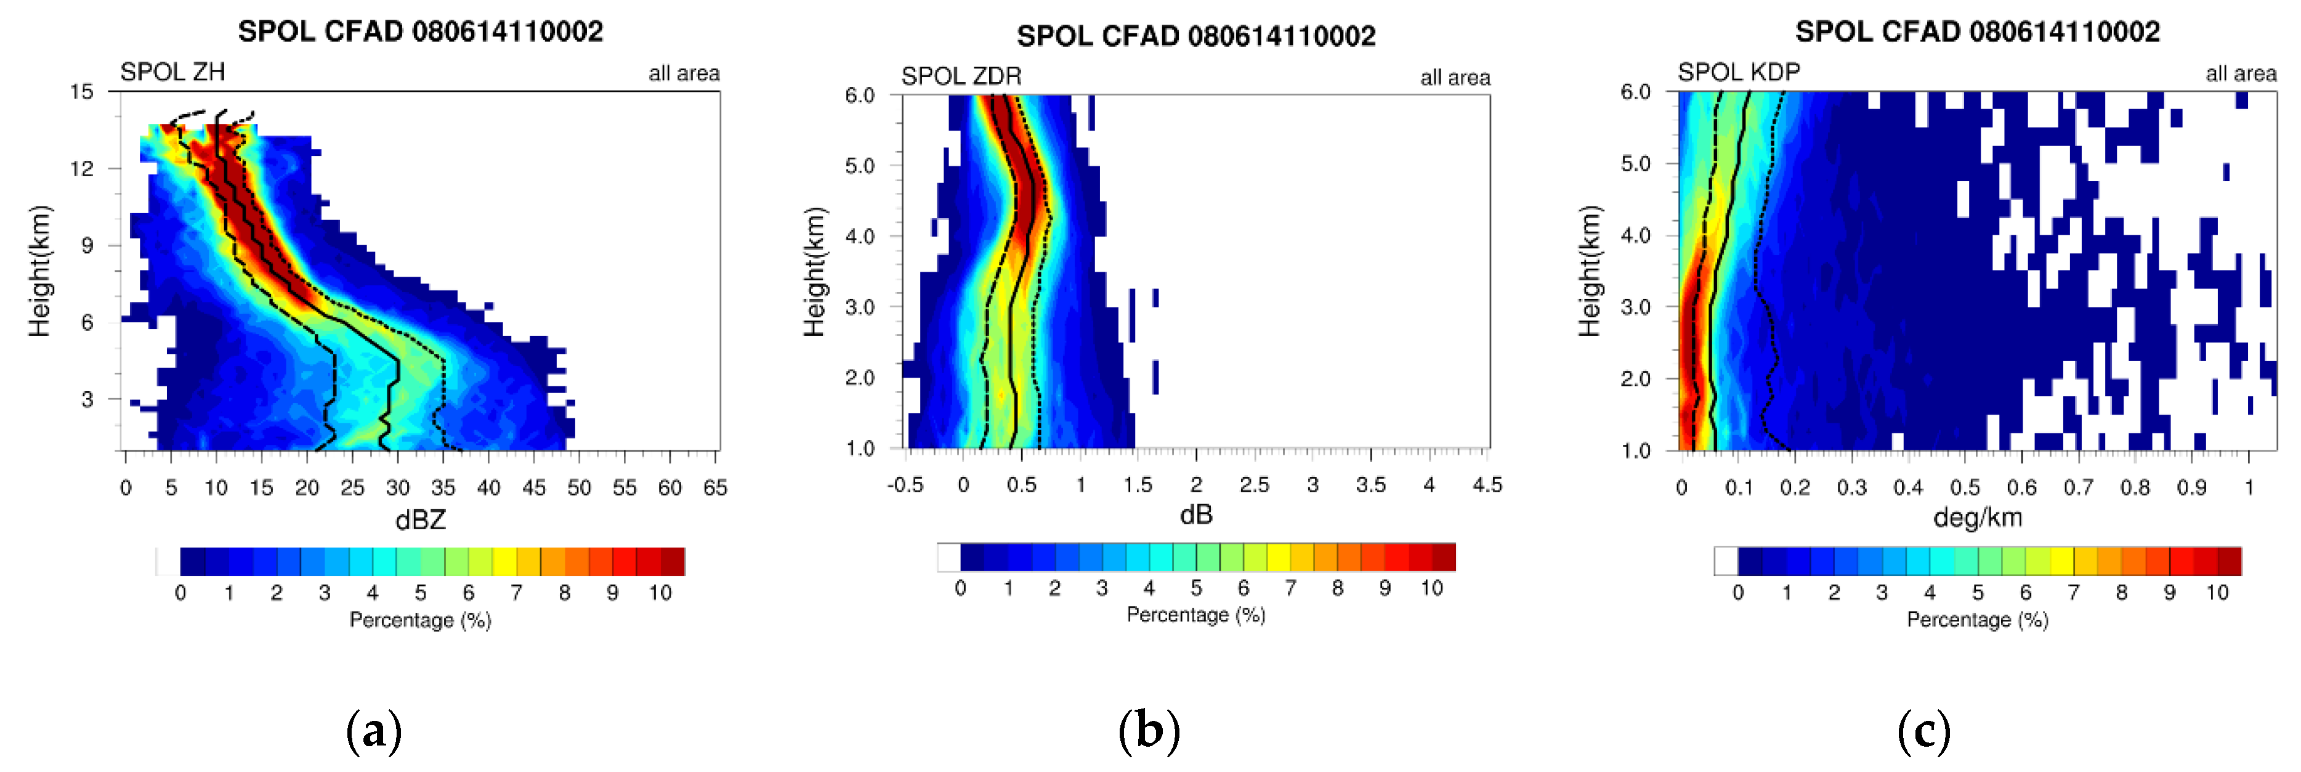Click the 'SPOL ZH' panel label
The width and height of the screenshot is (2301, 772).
tap(172, 71)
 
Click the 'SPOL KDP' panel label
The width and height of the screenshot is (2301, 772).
tap(1738, 71)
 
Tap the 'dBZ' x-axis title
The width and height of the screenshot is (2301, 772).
tap(420, 520)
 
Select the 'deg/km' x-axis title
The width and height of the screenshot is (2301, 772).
tap(1977, 518)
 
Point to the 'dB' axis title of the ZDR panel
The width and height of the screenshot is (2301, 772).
tap(1196, 514)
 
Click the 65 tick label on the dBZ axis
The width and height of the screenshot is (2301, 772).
tap(714, 488)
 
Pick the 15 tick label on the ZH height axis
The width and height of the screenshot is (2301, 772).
tap(81, 91)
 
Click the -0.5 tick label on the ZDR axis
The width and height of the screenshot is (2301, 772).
tap(905, 485)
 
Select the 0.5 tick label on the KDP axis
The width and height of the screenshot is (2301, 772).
tap(1964, 488)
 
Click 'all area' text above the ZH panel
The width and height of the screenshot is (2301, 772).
tap(683, 73)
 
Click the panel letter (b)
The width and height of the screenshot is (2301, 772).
tap(1149, 731)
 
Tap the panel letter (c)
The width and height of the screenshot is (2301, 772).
tap(1923, 731)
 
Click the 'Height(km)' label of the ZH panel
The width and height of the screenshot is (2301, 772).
tap(39, 270)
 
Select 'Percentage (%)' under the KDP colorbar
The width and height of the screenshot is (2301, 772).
tap(1977, 619)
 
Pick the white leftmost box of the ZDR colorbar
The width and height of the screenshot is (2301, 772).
tap(948, 556)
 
